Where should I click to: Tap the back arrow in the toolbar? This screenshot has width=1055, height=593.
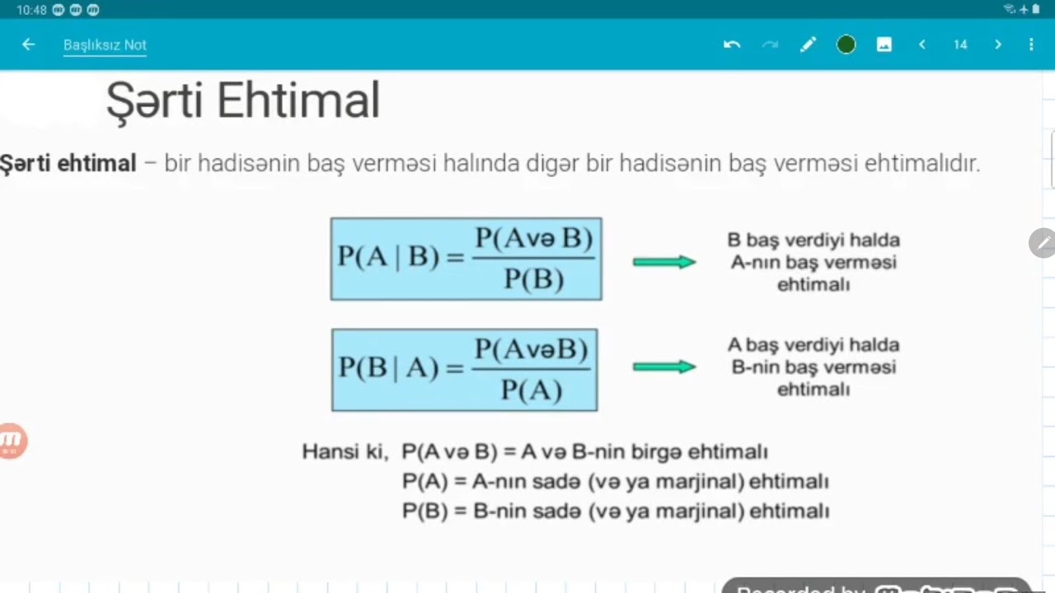click(x=29, y=44)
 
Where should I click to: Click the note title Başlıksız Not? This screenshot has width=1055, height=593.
click(x=105, y=44)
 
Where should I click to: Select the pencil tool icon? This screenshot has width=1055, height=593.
click(x=808, y=44)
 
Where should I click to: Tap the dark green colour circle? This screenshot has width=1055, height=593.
click(x=846, y=44)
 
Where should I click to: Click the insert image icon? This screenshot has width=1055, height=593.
click(x=884, y=44)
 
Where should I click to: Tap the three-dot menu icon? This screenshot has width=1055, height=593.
click(x=1031, y=44)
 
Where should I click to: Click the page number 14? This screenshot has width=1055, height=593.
click(x=960, y=44)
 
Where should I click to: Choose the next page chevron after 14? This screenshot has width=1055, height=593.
click(x=998, y=44)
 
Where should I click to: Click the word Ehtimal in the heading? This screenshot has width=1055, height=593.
click(x=298, y=101)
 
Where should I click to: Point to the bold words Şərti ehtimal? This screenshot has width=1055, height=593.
click(x=68, y=163)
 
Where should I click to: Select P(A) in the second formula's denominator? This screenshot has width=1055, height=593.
click(x=532, y=390)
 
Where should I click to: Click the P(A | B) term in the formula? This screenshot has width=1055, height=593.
click(x=388, y=257)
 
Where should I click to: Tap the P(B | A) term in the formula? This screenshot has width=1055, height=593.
click(x=388, y=367)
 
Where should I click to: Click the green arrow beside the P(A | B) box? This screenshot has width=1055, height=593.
click(x=664, y=262)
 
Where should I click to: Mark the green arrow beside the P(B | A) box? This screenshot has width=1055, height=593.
click(x=664, y=367)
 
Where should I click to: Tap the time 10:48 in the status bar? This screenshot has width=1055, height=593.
click(x=31, y=10)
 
